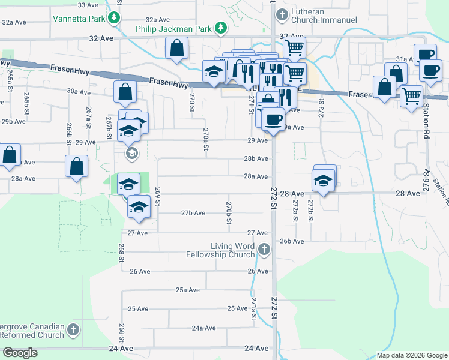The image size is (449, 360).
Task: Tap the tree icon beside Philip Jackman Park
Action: click(221, 28)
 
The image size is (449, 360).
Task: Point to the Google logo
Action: click(20, 353)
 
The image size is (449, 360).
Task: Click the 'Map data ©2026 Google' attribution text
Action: click(411, 355)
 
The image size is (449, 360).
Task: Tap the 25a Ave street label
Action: click(187, 290)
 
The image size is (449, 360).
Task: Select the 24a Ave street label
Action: click(203, 328)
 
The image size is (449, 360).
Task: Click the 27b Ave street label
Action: click(193, 213)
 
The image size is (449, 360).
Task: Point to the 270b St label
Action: click(229, 213)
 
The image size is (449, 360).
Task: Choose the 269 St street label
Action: click(158, 196)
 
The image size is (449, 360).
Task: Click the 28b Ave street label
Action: click(256, 159)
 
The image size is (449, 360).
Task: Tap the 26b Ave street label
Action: click(292, 241)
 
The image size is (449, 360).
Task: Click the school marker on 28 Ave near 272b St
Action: click(323, 180)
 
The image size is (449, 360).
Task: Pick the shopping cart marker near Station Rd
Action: click(411, 95)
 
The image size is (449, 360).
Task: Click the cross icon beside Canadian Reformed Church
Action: click(73, 329)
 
